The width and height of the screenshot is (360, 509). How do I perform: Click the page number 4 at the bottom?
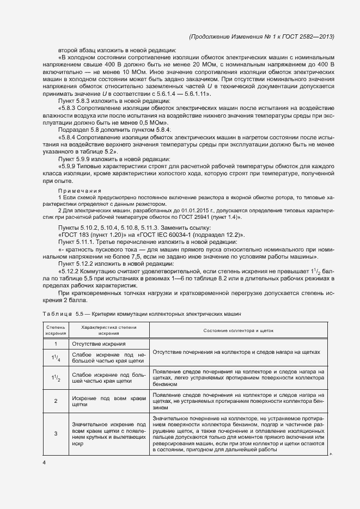point(44,462)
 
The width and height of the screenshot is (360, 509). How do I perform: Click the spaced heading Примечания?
point(76,191)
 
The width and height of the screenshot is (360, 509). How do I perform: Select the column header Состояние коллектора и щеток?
point(238,330)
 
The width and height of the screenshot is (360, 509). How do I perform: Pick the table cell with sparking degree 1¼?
point(56,357)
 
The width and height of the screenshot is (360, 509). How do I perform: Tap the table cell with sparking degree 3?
point(56,433)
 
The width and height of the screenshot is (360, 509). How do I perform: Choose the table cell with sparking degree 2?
point(56,401)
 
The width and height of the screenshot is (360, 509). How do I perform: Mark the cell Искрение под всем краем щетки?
point(108,402)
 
